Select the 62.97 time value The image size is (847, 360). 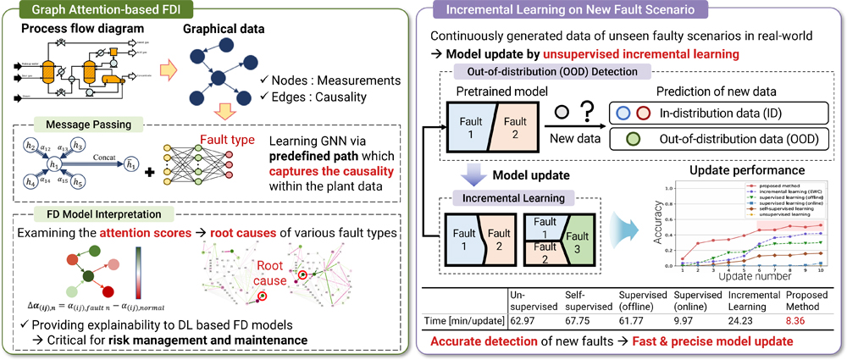pos(524,319)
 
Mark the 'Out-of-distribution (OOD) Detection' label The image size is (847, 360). pos(541,73)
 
